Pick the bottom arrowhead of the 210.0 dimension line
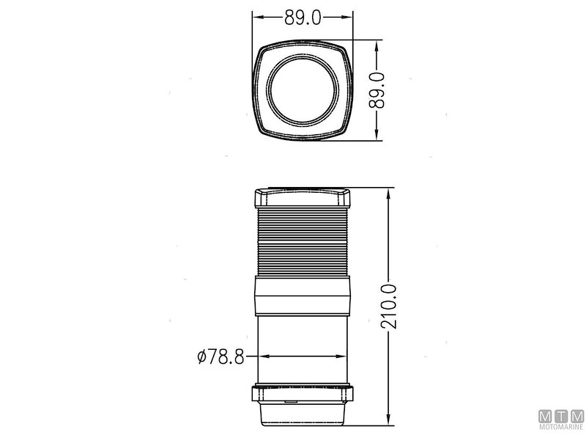point(387,425)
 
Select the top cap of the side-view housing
point(303,199)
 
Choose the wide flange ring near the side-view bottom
point(303,395)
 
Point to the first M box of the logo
point(546,417)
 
